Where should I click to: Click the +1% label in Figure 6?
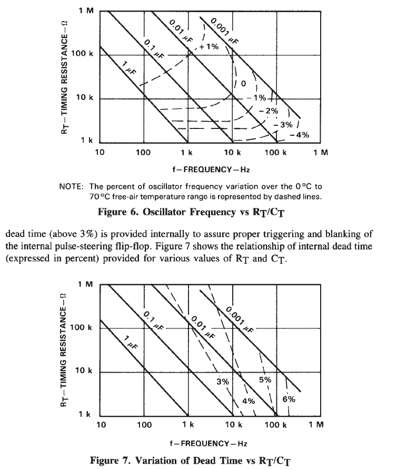point(211,47)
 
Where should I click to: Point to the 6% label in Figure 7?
point(289,399)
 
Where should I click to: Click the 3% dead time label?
point(223,381)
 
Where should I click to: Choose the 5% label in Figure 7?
point(265,379)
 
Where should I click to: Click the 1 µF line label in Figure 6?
point(127,68)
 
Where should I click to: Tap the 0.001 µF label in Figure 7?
point(238,319)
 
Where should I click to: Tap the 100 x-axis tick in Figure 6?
point(143,153)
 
